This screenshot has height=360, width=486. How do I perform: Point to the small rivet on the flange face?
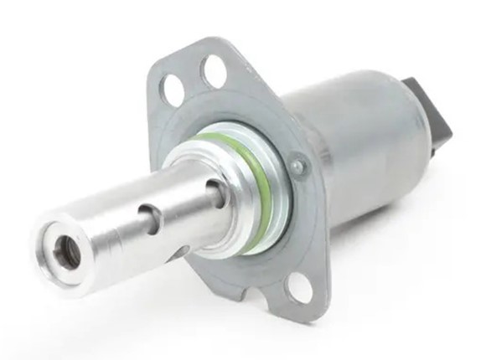(296, 167)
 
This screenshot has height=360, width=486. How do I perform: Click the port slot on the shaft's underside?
(178, 250)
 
